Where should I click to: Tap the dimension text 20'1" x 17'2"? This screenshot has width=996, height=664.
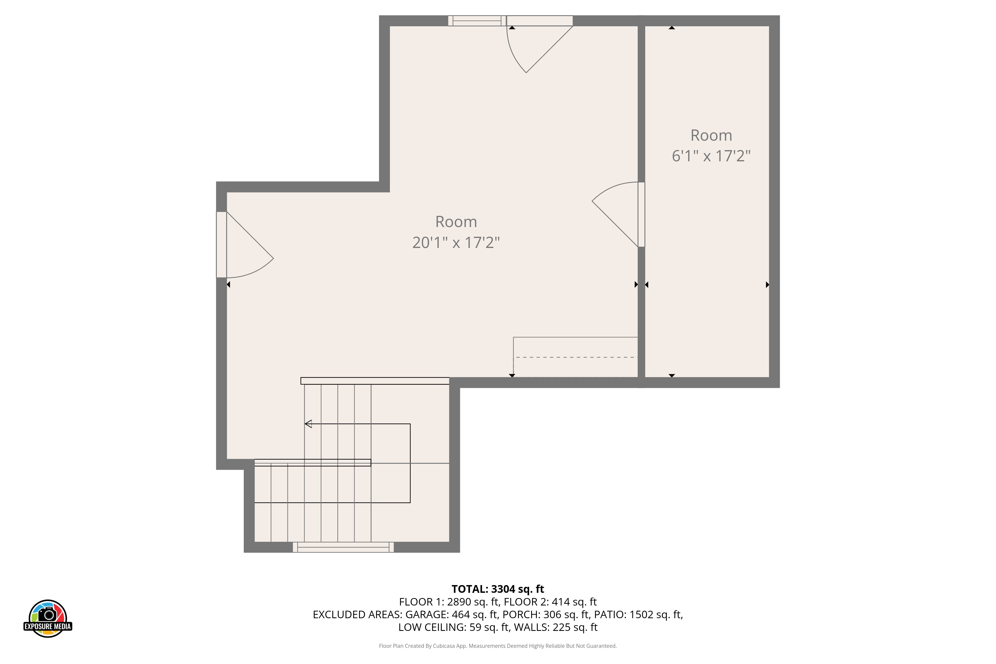456,243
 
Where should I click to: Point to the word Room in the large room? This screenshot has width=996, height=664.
456,222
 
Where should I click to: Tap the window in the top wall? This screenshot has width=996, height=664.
477,21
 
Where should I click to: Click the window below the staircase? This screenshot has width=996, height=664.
343,547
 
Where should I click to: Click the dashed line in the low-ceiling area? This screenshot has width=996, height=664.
576,358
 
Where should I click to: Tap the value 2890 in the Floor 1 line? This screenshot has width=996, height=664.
459,602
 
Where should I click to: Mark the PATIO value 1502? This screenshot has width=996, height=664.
642,614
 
